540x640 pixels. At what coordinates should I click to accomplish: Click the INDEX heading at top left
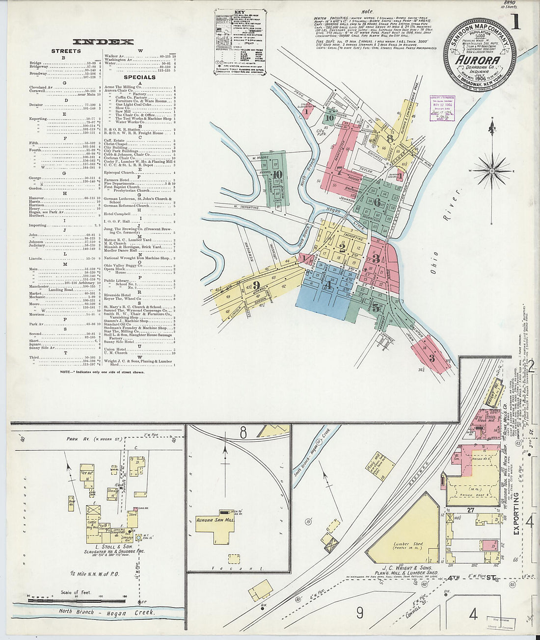103,42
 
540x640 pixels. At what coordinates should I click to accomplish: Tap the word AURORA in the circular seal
478,60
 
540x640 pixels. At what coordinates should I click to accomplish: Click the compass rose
492,171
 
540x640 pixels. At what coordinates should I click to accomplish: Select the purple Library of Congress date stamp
442,108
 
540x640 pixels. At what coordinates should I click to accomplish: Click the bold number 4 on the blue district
327,283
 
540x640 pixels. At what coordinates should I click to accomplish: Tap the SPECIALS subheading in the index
139,77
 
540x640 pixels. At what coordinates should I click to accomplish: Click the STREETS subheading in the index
66,51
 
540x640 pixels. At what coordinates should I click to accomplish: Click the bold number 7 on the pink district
339,170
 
